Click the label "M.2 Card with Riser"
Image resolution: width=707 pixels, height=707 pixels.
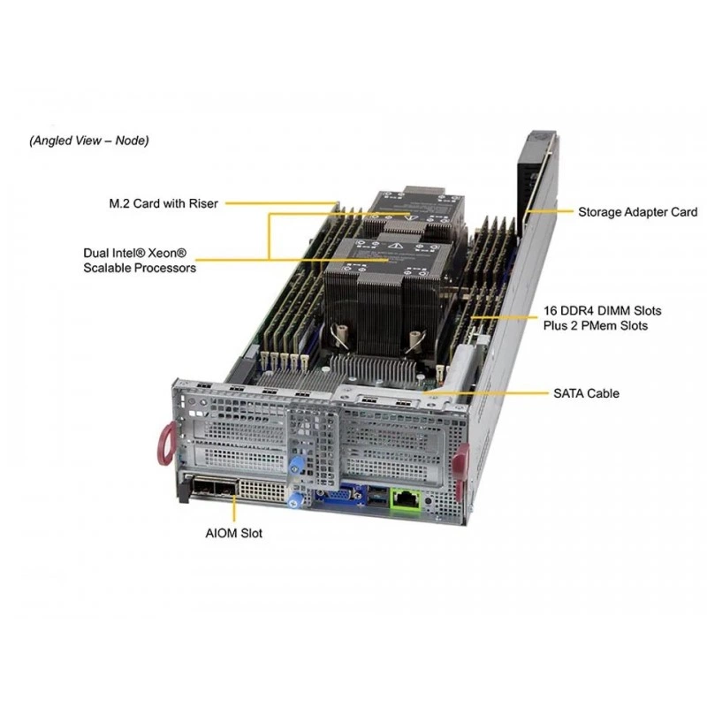[x=163, y=203]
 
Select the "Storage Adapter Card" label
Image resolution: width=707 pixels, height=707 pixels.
[x=637, y=212]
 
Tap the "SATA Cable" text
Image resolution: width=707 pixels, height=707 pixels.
[x=586, y=393]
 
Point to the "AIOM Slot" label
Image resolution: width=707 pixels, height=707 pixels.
[x=233, y=533]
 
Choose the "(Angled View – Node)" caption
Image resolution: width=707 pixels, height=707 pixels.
[x=89, y=141]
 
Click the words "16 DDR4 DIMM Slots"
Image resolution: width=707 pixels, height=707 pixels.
[x=602, y=311]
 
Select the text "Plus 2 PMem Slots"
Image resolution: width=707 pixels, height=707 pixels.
[x=595, y=325]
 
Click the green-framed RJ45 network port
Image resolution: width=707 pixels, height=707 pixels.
[x=406, y=498]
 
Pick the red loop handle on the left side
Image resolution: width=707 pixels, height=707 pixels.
[x=165, y=444]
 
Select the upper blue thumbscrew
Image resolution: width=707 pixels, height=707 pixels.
[x=295, y=466]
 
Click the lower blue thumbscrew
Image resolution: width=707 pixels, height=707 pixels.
[x=294, y=500]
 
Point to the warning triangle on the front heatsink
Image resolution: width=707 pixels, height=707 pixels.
[x=396, y=246]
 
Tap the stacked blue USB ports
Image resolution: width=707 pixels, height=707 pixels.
[x=378, y=496]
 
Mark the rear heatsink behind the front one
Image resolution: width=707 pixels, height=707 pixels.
[x=413, y=212]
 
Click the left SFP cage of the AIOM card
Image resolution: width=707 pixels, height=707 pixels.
[x=202, y=489]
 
